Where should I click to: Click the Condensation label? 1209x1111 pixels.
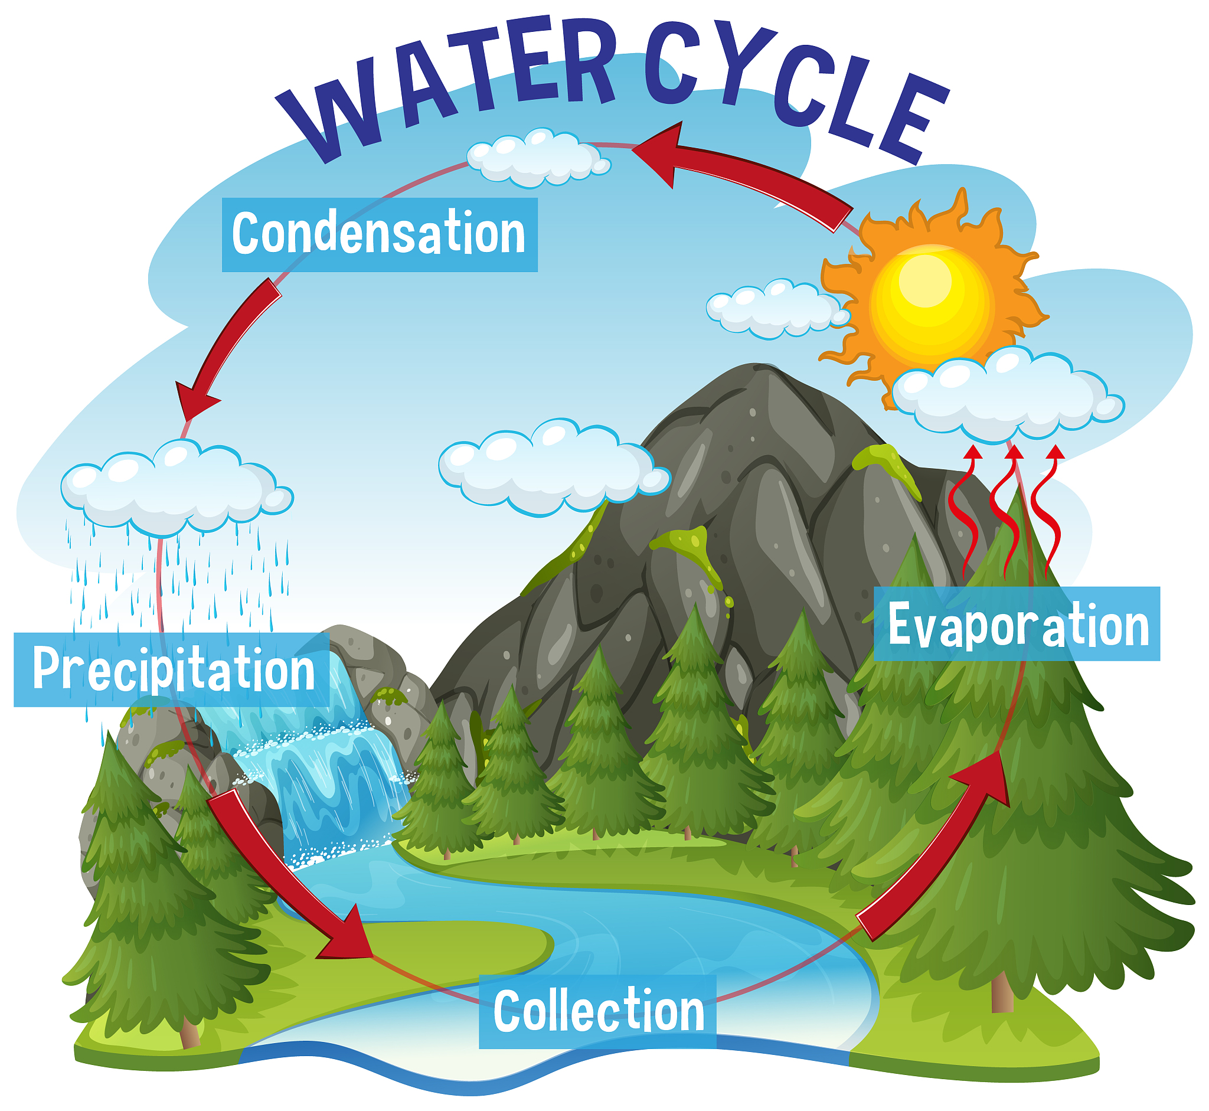380,235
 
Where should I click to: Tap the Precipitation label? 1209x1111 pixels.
171,669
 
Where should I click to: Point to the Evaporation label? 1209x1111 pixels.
1017,624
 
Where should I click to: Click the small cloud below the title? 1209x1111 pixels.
538,158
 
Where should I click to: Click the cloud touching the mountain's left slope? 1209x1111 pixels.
553,467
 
